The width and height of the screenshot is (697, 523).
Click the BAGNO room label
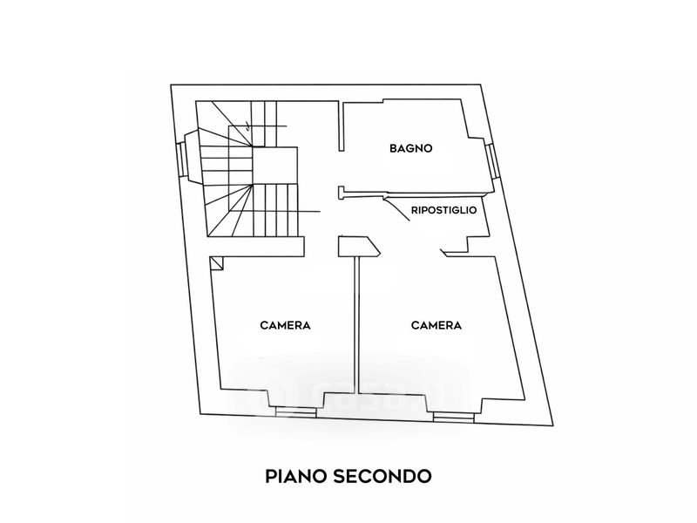[x=410, y=148]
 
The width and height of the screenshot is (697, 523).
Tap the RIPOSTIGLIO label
[x=443, y=210]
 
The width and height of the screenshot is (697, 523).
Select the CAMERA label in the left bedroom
[x=285, y=325]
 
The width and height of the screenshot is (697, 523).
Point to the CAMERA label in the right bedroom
[x=436, y=325]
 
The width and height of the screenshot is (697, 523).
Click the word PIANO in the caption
[x=295, y=476]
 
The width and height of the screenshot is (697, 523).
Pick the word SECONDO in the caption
[x=382, y=476]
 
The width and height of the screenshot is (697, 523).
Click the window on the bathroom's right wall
[x=491, y=160]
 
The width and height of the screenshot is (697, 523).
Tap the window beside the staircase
[x=181, y=159]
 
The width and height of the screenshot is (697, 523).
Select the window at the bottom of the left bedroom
[x=295, y=412]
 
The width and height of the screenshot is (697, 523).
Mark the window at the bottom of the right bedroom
[x=454, y=418]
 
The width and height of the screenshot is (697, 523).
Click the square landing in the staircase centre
[x=274, y=165]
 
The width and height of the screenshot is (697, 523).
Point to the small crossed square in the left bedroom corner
[x=217, y=263]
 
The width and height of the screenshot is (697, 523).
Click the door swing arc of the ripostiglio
[x=397, y=208]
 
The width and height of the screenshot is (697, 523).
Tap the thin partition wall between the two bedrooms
[x=356, y=324]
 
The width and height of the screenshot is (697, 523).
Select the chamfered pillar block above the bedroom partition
[x=359, y=247]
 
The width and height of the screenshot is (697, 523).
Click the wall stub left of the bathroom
[x=341, y=126]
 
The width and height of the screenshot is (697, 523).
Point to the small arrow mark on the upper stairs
[x=248, y=126]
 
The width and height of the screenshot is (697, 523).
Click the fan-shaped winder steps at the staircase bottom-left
[x=230, y=210]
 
